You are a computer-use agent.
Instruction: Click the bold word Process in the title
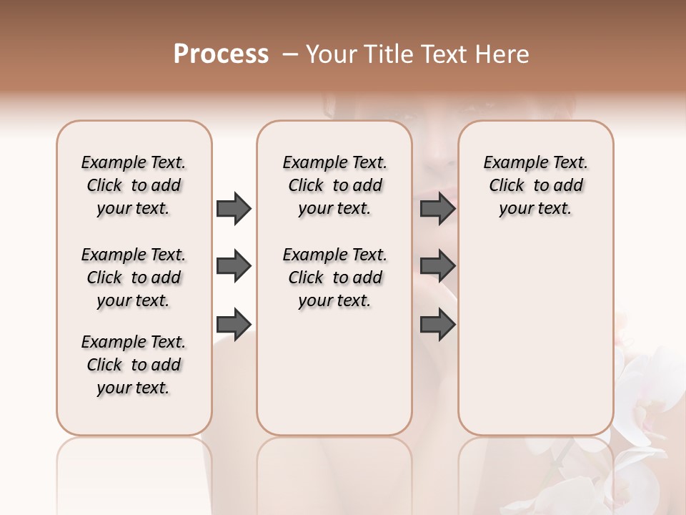click(221, 54)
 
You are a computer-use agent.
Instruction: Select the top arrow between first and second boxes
click(234, 209)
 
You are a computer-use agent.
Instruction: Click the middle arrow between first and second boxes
click(234, 267)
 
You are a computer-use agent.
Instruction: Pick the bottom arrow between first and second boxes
click(234, 324)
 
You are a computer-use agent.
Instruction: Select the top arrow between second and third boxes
click(438, 209)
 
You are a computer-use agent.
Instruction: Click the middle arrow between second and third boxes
click(438, 267)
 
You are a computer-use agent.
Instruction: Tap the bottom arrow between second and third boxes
click(438, 324)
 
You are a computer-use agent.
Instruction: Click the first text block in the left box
click(134, 185)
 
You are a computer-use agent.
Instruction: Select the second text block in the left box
click(134, 278)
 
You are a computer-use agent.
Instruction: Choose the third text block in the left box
click(134, 365)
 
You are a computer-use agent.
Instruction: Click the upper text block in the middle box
click(334, 185)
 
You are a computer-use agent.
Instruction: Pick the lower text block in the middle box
click(334, 278)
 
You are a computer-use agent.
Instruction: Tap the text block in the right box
click(535, 185)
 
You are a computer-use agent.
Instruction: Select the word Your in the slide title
click(330, 54)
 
